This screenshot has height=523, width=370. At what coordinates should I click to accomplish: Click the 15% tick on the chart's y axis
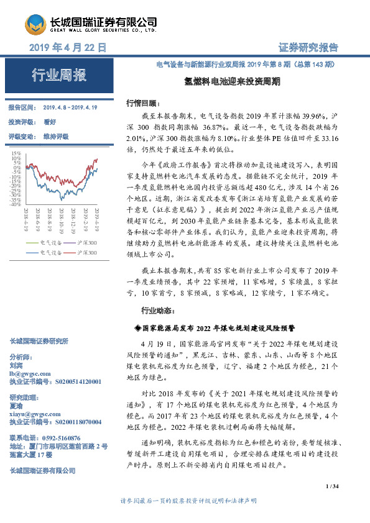point(16,152)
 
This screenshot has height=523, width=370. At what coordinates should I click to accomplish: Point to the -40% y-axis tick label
point(16,205)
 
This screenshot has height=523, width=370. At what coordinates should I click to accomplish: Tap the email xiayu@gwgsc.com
point(35,413)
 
